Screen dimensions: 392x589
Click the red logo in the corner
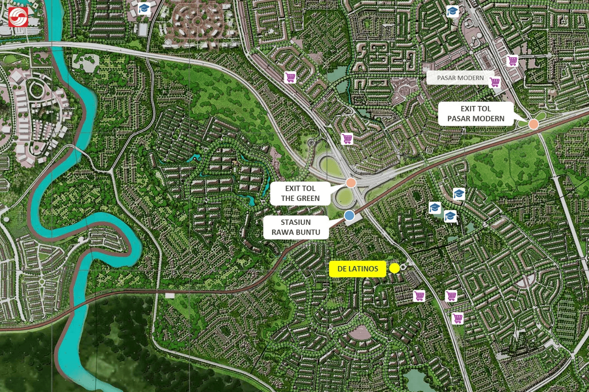tap(18, 17)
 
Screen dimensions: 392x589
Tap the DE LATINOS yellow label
tap(357, 269)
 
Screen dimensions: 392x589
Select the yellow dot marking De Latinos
tap(395, 268)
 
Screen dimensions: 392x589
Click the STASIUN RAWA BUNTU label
tap(296, 227)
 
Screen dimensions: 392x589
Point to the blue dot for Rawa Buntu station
tap(349, 215)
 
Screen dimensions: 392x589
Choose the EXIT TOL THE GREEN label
tap(300, 193)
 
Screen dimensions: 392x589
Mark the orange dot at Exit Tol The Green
tap(351, 182)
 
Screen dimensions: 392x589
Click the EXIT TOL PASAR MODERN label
tap(476, 114)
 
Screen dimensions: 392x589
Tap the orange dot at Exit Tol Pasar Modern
tap(533, 124)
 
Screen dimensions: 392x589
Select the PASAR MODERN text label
tap(460, 78)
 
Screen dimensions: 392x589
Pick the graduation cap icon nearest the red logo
tap(144, 8)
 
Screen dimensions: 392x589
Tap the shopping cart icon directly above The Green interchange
tap(347, 139)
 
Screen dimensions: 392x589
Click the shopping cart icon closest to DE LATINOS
tap(419, 295)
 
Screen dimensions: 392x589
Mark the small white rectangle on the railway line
tap(170, 295)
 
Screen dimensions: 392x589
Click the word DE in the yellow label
tap(342, 269)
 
